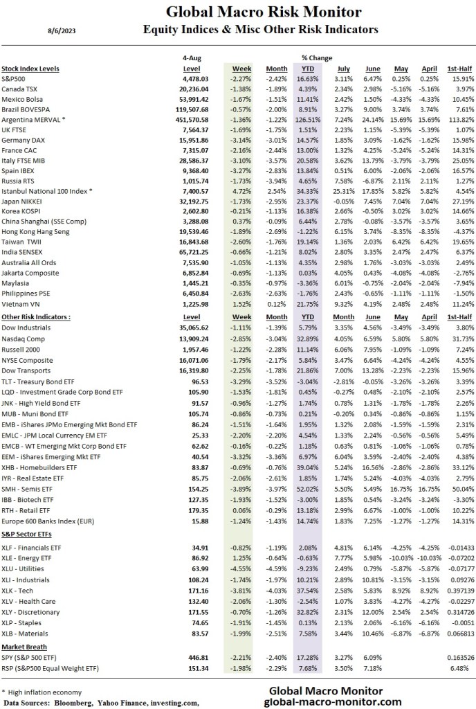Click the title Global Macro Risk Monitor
(264, 12)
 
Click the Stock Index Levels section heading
(30, 69)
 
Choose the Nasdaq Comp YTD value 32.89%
(307, 340)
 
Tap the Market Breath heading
(24, 647)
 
